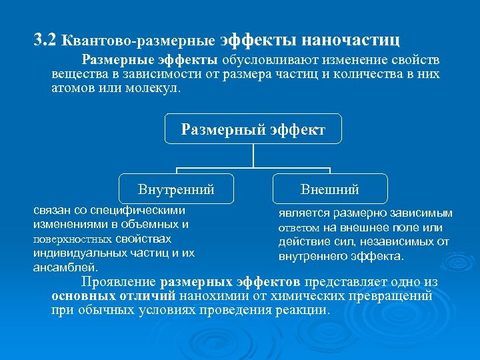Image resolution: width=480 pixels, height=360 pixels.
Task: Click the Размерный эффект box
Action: [x=253, y=129]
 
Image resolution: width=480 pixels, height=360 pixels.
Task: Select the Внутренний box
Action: [x=176, y=189]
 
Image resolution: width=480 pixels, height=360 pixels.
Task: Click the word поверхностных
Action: [x=73, y=239]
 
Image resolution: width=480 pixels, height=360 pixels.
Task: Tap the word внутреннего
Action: [x=313, y=256]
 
